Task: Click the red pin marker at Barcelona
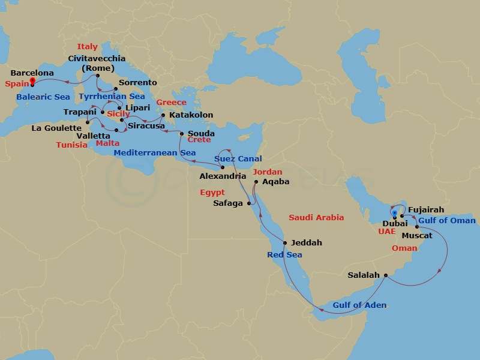pos(33,84)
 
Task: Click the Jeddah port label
pos(306,243)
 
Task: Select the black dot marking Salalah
pos(385,276)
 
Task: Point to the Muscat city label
pos(417,236)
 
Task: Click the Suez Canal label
pos(238,159)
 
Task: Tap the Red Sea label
pos(284,255)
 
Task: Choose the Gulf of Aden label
pos(360,305)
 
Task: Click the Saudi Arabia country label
pos(316,218)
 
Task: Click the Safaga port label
pos(229,203)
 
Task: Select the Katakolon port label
pos(191,115)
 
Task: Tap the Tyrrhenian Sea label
pos(112,97)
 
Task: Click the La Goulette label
pos(56,128)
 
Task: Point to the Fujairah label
pos(426,210)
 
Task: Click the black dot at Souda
pos(182,134)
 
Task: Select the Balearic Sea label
pos(43,97)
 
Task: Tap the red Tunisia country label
pos(72,145)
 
